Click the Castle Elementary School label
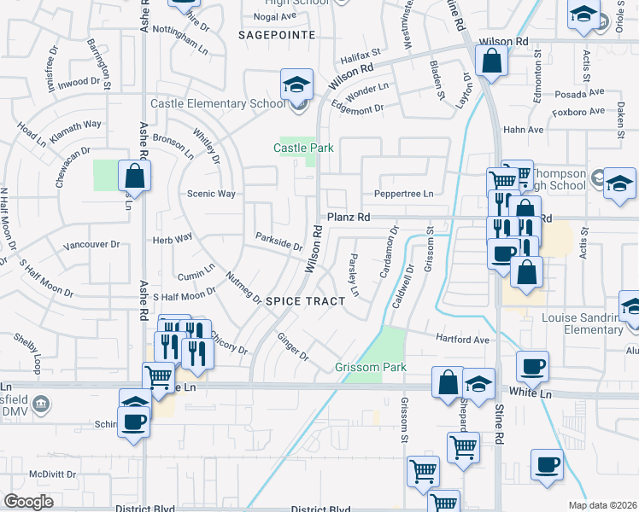pos(218,104)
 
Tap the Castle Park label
pos(302,148)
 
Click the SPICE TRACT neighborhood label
pos(305,301)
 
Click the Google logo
pos(28,501)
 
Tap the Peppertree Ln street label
pos(404,194)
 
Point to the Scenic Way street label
pos(211,194)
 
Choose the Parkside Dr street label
pos(279,241)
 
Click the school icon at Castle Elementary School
pos(296,86)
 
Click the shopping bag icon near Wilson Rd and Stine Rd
pos(492,61)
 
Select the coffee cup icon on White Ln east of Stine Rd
pos(532,367)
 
